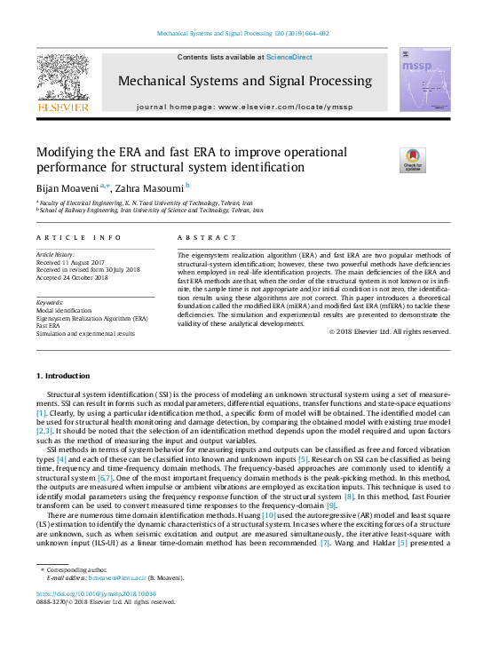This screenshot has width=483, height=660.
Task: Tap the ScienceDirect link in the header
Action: [x=289, y=57]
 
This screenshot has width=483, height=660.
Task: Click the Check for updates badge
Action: [x=413, y=160]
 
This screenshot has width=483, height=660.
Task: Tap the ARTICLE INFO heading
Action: [x=79, y=238]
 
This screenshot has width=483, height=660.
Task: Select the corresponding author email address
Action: [x=109, y=577]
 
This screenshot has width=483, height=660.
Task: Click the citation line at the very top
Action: [x=242, y=34]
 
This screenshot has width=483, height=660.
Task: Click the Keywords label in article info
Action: [x=51, y=302]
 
